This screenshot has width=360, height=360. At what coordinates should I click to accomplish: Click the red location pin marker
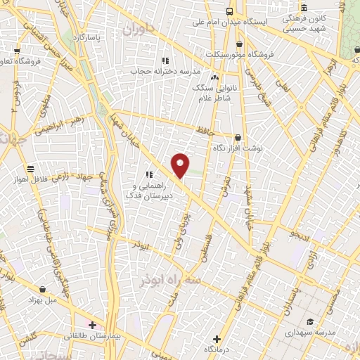(x=181, y=165)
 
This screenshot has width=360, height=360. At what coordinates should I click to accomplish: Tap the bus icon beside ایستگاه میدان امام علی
(x=231, y=11)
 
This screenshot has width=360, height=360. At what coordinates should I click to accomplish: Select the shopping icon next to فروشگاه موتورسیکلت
(x=240, y=44)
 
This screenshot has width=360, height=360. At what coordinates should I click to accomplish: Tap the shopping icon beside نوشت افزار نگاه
(x=238, y=138)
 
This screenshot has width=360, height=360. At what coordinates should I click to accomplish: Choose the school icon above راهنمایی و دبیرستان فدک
(x=148, y=174)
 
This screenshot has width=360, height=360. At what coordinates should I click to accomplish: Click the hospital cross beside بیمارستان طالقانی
(x=91, y=325)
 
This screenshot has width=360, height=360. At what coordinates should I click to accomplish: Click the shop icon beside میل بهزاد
(x=44, y=289)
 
